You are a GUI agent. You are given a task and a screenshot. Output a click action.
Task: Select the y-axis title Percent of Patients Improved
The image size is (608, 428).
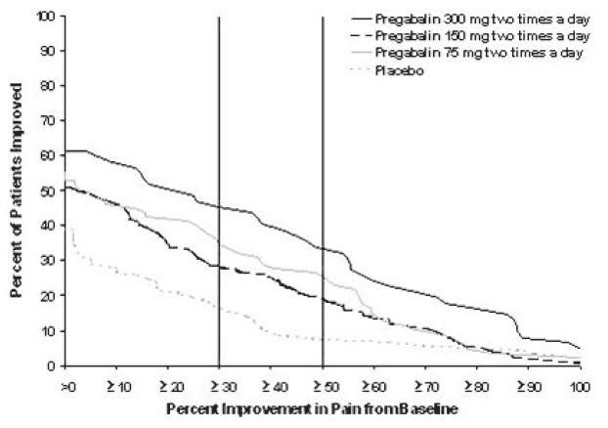coord(18,191)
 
